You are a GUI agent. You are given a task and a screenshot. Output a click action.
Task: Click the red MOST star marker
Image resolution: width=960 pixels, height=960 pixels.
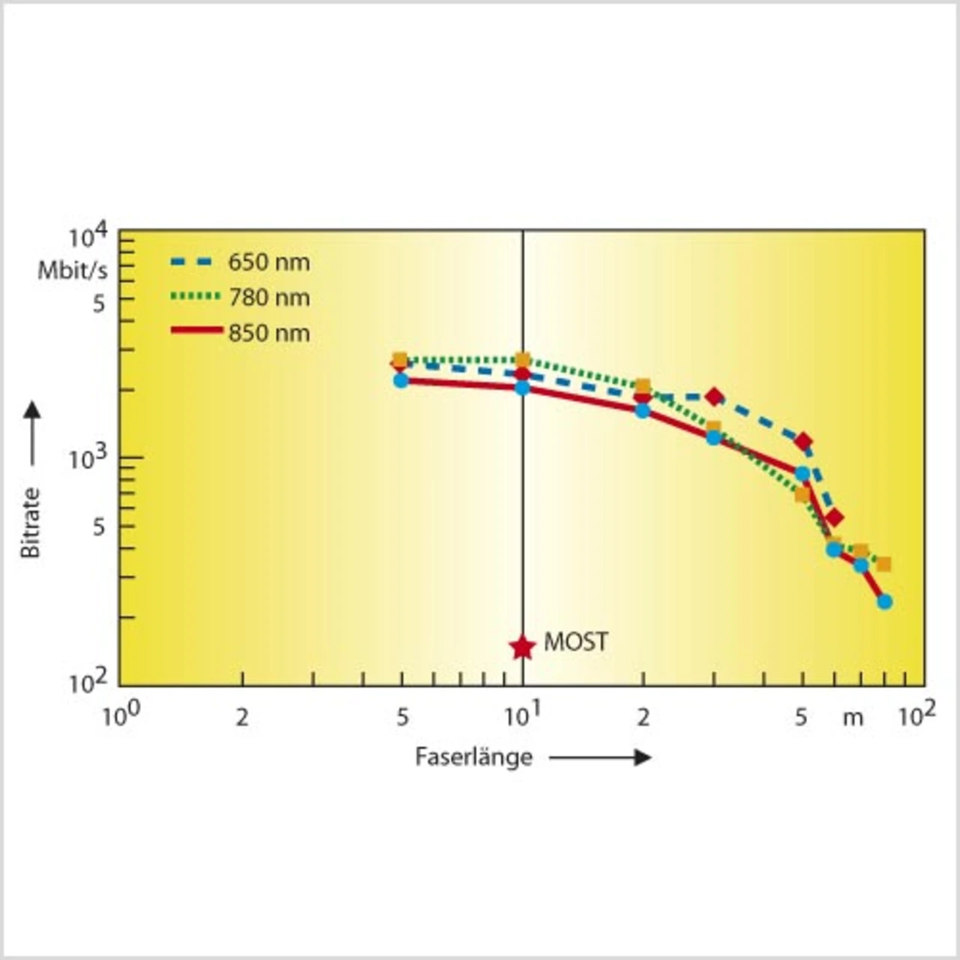tap(522, 646)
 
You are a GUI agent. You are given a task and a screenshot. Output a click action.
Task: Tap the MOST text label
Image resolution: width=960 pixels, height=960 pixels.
tap(576, 642)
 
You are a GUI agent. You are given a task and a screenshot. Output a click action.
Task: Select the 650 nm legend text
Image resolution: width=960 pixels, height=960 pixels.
tap(268, 262)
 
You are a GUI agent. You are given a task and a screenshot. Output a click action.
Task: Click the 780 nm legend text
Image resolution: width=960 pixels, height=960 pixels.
tap(268, 298)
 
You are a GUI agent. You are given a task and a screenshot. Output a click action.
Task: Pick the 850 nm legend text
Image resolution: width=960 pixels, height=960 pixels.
tap(268, 333)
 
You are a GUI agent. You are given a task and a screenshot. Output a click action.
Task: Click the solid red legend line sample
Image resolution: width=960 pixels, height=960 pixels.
tap(196, 331)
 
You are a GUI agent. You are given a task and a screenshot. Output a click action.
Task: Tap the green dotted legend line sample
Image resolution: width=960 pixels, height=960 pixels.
tap(196, 296)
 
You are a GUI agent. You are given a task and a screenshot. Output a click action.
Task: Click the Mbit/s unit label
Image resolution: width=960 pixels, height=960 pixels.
tap(73, 271)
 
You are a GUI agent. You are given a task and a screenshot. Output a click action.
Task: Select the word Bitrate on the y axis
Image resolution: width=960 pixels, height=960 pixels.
tap(30, 522)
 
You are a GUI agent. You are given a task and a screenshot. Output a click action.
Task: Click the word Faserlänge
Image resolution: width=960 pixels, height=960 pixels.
tap(473, 757)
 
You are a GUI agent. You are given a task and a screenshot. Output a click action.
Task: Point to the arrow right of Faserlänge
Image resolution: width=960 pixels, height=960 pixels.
tap(600, 757)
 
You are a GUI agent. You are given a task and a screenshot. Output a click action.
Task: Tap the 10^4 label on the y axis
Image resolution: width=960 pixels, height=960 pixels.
tap(88, 238)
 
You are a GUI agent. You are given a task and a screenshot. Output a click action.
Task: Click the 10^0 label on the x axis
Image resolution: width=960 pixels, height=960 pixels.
tap(120, 715)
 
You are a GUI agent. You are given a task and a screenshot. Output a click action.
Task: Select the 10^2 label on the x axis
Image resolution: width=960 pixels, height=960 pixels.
tap(916, 715)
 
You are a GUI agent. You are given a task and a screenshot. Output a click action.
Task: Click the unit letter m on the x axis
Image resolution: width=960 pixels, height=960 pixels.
tap(853, 718)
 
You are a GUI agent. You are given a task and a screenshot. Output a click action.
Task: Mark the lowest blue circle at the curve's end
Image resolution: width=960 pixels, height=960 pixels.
tap(884, 601)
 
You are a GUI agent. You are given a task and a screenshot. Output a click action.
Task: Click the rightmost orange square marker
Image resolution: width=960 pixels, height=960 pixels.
tap(883, 564)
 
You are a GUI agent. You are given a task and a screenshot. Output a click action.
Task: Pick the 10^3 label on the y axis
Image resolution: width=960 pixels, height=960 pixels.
tap(88, 457)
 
